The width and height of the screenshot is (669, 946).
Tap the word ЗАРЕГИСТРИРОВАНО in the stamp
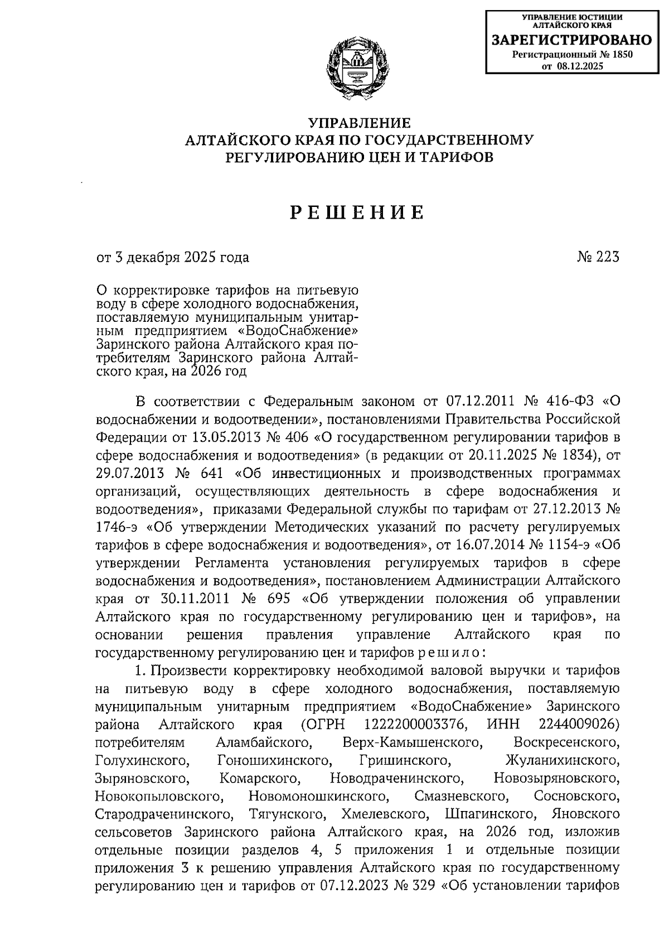[x=571, y=40]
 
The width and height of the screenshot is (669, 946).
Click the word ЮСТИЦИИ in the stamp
[x=597, y=17]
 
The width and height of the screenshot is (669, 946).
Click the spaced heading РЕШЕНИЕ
[x=357, y=212]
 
